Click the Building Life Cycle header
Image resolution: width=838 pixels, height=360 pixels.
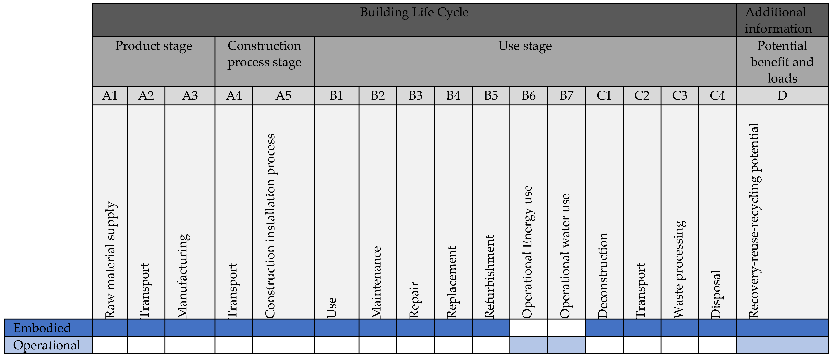(414, 12)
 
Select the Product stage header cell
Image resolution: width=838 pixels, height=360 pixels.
(154, 46)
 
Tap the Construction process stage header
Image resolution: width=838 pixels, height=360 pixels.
(264, 54)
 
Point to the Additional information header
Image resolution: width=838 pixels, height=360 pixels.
(778, 20)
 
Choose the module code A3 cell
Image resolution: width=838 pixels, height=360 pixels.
(190, 96)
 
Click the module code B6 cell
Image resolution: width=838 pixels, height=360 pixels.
(529, 96)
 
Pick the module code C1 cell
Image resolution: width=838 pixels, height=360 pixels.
(604, 96)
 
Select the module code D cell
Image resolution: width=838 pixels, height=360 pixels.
(782, 96)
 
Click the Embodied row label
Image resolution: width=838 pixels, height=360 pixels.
(42, 328)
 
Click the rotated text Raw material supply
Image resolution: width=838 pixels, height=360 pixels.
(111, 260)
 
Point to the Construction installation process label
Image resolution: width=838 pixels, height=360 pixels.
(270, 226)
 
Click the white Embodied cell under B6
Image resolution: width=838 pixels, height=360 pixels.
(529, 328)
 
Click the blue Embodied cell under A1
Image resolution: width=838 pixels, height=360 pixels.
(110, 328)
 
